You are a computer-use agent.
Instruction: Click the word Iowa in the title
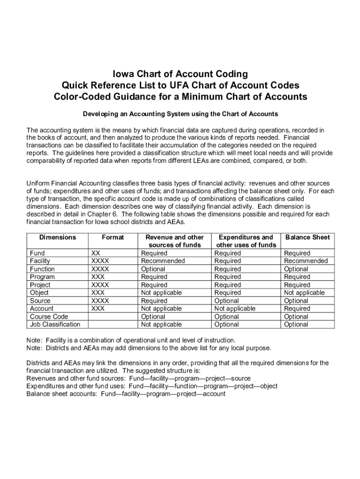[x=122, y=74]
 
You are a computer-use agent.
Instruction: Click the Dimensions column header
[x=58, y=237]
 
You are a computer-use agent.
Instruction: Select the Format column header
[x=113, y=237]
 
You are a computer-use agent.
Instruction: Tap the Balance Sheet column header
[x=308, y=237]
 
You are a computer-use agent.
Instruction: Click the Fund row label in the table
[x=37, y=253]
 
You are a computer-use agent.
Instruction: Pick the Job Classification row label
[x=55, y=324]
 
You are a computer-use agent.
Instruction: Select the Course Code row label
[x=49, y=317]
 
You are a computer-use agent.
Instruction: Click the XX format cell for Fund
[x=96, y=253]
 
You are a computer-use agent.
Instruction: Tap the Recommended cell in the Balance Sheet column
[x=306, y=261]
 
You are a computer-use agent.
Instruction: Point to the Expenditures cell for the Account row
[x=235, y=309]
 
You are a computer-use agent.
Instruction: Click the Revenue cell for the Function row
[x=153, y=269]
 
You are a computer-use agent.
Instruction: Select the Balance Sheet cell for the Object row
[x=304, y=293]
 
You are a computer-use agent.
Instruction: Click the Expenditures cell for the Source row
[x=226, y=301]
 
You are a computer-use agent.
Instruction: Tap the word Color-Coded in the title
[x=80, y=97]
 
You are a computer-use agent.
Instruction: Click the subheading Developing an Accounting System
[x=180, y=114]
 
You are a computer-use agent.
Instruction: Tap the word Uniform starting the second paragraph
[x=39, y=183]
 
